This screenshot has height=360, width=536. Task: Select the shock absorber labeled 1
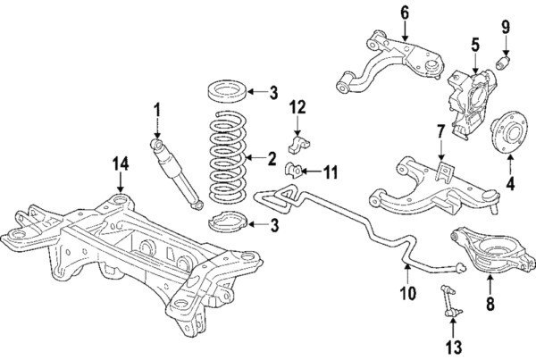177,172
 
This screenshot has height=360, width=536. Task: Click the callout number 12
297,109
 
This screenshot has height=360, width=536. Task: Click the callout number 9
506,27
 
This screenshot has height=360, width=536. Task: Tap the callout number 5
475,42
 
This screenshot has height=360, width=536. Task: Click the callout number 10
406,291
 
